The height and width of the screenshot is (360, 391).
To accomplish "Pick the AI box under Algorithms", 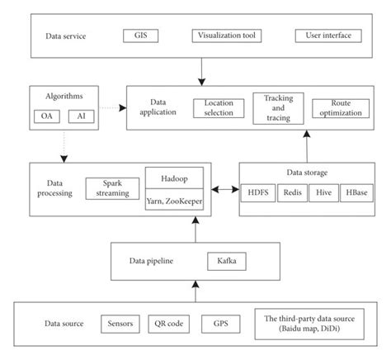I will [80, 116].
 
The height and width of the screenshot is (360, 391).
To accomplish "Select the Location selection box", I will [219, 108].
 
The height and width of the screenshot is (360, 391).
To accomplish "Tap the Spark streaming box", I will [111, 187].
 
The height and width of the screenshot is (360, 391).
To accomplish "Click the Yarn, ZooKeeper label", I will [174, 201].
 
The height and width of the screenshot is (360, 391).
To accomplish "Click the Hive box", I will [326, 200].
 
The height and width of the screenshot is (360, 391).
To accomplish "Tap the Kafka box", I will [225, 263].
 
